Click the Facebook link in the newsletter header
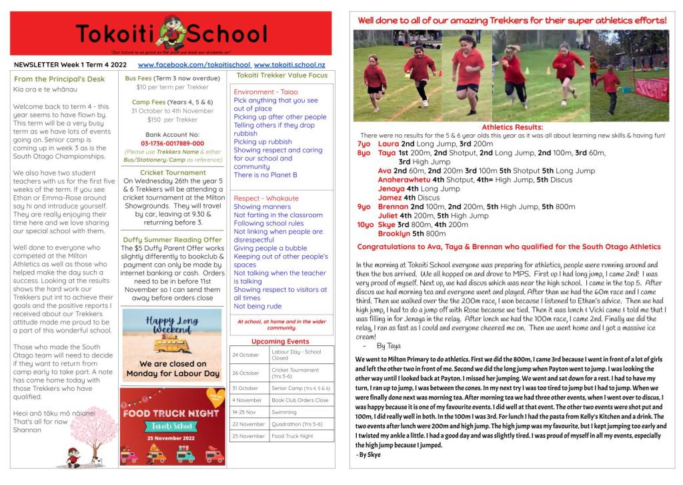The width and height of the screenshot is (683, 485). tap(194, 65)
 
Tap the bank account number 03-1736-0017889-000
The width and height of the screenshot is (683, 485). tap(173, 143)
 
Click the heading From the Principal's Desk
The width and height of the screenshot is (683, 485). tap(59, 79)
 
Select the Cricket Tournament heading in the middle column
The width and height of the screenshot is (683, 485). tap(173, 172)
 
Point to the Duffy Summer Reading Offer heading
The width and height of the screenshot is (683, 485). tap(173, 239)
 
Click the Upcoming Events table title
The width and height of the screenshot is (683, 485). tap(280, 341)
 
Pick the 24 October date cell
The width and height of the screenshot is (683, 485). tap(245, 355)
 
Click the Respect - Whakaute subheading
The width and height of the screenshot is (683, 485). tap(266, 198)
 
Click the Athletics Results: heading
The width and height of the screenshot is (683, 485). tap(512, 127)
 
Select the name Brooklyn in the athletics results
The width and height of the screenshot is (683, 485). tap(394, 234)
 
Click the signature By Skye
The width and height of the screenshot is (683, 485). tap(368, 454)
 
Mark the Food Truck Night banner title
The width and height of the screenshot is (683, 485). tap(170, 413)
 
